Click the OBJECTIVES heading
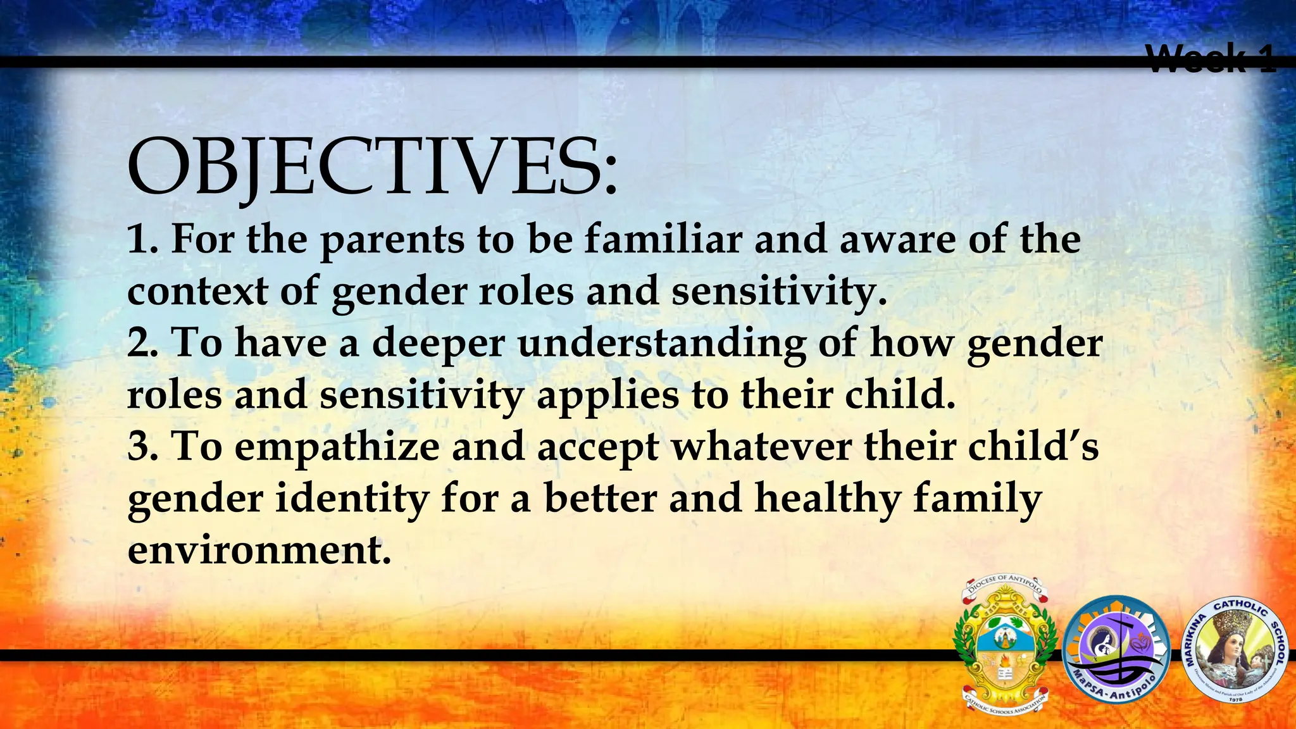pyautogui.click(x=372, y=167)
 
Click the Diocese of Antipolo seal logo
pyautogui.click(x=1005, y=644)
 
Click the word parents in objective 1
pyautogui.click(x=392, y=241)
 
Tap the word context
pyautogui.click(x=197, y=292)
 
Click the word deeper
pyautogui.click(x=438, y=345)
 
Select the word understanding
pyautogui.click(x=661, y=345)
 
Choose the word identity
pyautogui.click(x=352, y=499)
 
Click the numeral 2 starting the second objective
pyautogui.click(x=139, y=345)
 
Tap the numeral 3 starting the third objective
pyautogui.click(x=139, y=447)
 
